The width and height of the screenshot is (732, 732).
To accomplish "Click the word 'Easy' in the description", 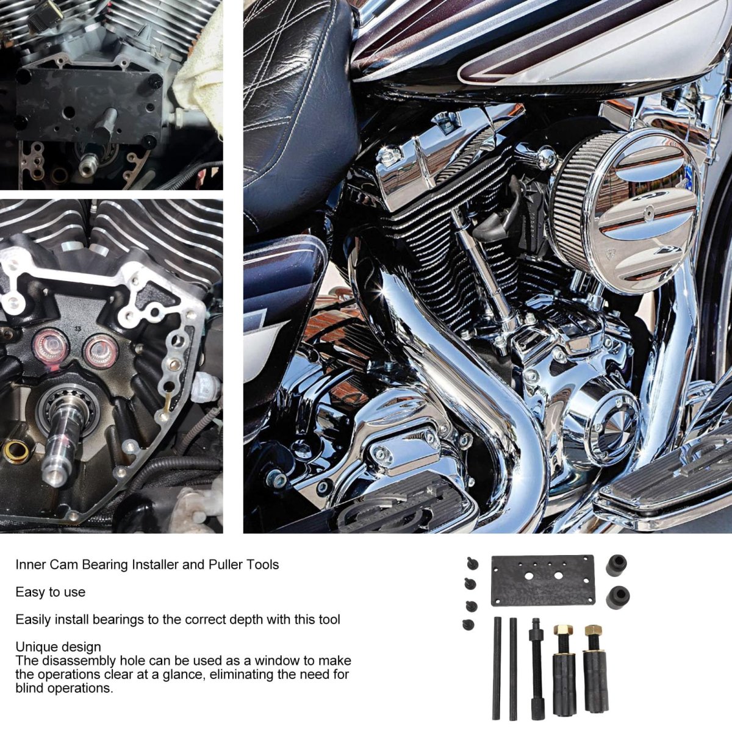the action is click(30, 592).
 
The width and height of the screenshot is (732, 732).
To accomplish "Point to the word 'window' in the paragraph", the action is click(276, 661).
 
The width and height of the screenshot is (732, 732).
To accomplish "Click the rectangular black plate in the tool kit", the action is click(542, 581).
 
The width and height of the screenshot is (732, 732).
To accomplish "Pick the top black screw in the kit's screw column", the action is click(470, 562).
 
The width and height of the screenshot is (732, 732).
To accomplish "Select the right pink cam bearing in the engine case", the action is click(101, 352).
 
